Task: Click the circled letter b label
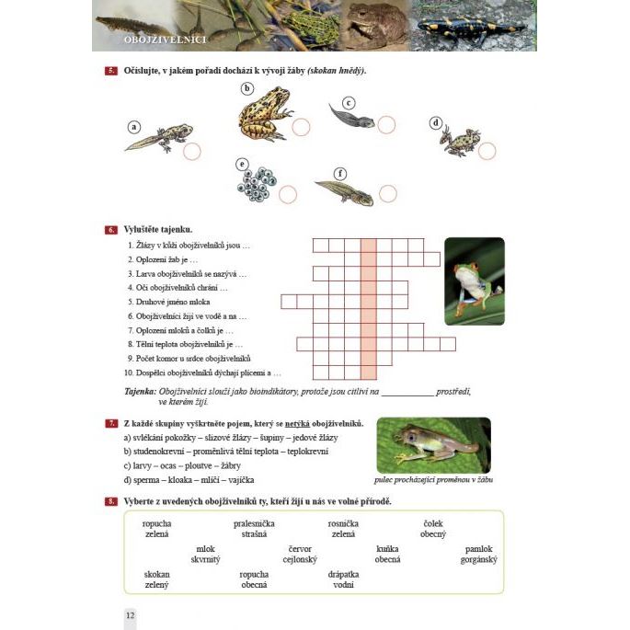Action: point(246,88)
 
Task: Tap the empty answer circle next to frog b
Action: point(301,126)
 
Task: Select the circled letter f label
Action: point(341,172)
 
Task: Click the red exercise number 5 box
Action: point(110,71)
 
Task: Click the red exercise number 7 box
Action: point(110,422)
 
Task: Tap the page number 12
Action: point(130,615)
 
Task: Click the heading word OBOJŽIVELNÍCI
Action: point(166,40)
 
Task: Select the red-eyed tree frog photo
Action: point(475,281)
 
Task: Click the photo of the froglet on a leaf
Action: point(433,446)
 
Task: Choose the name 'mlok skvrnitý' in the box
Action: point(205,554)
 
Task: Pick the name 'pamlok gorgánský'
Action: point(480,554)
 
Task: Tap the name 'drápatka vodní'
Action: point(343,579)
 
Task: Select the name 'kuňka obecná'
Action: point(387,554)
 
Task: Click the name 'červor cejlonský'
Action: point(300,554)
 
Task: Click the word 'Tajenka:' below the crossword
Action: point(142,391)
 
